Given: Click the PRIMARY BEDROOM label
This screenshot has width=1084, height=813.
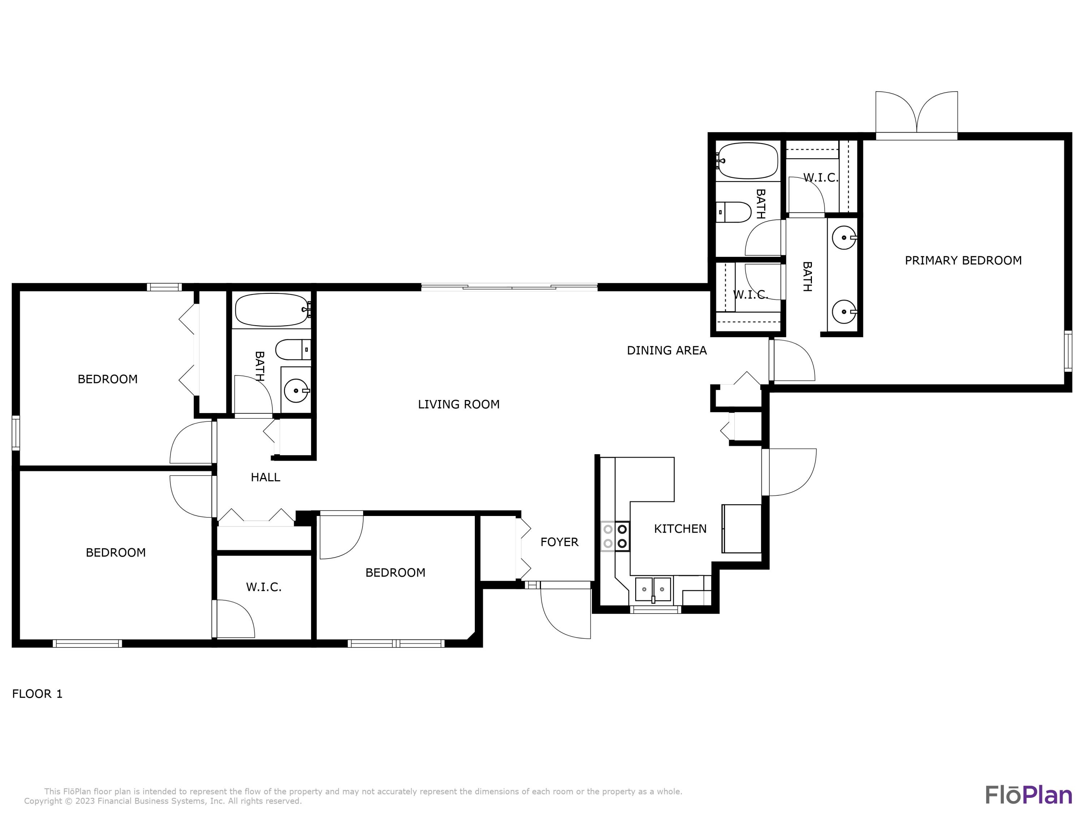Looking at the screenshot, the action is click(x=963, y=260).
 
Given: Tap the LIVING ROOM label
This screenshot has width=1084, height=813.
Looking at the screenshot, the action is click(x=459, y=404).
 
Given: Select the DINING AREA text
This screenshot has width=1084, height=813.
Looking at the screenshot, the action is click(x=667, y=350).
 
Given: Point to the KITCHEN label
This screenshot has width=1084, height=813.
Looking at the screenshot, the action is click(x=680, y=529).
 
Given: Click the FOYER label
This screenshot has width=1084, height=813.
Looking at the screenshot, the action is click(x=559, y=542).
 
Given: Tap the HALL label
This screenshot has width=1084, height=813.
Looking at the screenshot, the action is click(x=265, y=477).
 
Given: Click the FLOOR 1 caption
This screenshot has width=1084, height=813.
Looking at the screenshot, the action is click(x=37, y=694).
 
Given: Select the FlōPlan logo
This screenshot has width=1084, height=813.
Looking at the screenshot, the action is click(x=1029, y=795).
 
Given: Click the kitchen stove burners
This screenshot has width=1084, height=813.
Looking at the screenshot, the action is click(x=615, y=536).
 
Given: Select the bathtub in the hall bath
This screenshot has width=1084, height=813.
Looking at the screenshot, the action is click(x=272, y=310).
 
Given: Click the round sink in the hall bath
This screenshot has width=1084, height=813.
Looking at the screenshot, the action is click(x=297, y=391).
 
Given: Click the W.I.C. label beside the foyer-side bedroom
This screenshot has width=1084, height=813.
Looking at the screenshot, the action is click(x=264, y=587).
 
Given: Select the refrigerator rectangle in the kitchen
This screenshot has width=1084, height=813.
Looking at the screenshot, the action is click(x=741, y=529).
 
